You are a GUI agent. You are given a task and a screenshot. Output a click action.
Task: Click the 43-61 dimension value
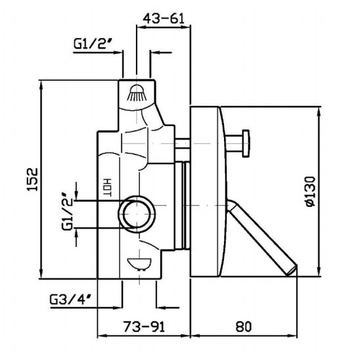[164, 18]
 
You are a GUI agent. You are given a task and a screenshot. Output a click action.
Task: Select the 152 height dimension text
[32, 179]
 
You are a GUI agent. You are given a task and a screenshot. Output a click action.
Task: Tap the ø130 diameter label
[311, 191]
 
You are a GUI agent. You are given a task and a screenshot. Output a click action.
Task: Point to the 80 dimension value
[244, 326]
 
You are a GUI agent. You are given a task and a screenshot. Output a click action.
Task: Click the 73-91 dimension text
[144, 326]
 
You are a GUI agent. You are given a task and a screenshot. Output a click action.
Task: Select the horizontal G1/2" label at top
[94, 43]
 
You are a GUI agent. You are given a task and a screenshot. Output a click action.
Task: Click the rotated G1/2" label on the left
[67, 212]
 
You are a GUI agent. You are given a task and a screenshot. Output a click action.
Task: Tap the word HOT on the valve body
[107, 187]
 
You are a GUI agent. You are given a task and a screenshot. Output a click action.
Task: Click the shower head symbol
[137, 93]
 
